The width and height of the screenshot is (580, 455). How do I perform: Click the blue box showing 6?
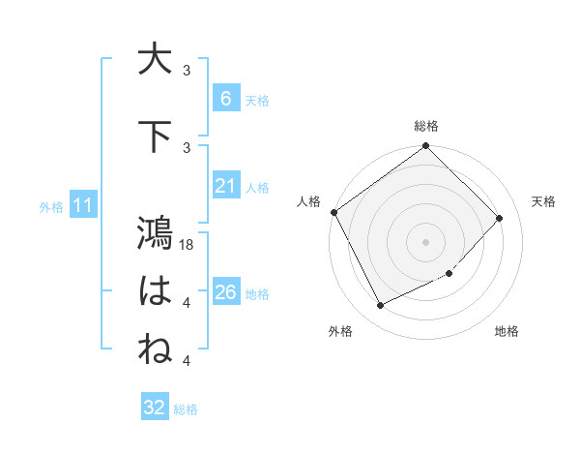225,98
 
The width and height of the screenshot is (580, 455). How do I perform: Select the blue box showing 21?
225,186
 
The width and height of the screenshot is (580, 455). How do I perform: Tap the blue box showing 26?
225,292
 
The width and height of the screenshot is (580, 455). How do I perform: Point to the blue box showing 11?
83,204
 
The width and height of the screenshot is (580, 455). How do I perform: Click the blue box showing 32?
155,408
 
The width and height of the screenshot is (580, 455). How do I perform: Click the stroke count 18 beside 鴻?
188,245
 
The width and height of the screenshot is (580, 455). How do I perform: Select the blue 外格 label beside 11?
50,206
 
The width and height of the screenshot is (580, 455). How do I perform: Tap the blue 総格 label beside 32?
186,409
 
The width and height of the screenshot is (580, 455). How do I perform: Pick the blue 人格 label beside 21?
257,188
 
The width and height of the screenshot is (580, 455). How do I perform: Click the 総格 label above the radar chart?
426,126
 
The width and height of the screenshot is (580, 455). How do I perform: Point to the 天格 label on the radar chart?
544,201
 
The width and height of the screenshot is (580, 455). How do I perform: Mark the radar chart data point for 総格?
425,146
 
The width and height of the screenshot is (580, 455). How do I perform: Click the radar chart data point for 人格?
333,212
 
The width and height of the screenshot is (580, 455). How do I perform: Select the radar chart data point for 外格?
380,306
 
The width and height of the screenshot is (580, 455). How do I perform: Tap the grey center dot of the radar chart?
425,241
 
